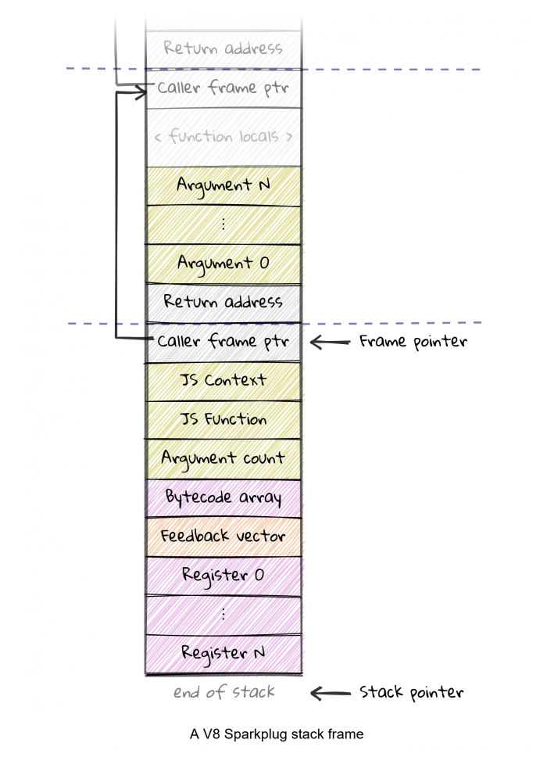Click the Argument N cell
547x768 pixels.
[x=223, y=185]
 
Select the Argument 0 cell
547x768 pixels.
[x=223, y=264]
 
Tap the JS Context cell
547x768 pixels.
[x=223, y=381]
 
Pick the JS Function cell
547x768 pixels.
[x=223, y=420]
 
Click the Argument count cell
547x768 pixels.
[x=223, y=458]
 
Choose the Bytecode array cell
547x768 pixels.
[x=223, y=497]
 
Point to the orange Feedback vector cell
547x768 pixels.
[x=223, y=537]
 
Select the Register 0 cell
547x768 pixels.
[x=223, y=576]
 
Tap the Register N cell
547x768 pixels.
[x=223, y=653]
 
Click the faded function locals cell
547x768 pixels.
[x=223, y=137]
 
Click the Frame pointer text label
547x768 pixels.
[x=413, y=342]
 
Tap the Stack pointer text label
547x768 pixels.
[x=412, y=692]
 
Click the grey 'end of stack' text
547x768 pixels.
[x=223, y=692]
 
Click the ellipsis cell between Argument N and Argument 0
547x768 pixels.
[x=223, y=224]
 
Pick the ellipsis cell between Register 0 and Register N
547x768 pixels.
[x=223, y=615]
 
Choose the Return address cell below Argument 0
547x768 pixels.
[x=223, y=303]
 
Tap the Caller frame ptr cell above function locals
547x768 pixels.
[x=223, y=88]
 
